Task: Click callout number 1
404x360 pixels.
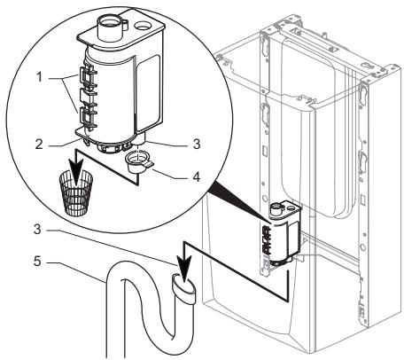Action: pos(39,77)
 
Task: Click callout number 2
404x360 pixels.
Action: pos(39,145)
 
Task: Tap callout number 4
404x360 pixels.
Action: pos(197,177)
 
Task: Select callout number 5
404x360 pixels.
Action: pos(37,262)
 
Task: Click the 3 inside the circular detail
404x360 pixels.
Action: pos(197,144)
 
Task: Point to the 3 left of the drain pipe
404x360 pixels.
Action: pos(37,230)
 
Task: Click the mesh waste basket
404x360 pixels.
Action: pos(76,192)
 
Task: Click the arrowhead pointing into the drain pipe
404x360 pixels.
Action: pos(184,272)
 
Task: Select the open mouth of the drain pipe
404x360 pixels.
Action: pos(183,283)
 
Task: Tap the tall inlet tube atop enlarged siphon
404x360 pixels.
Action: pos(109,27)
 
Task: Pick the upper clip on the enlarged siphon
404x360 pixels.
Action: pos(88,78)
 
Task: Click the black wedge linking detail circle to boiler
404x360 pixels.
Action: pos(239,205)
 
